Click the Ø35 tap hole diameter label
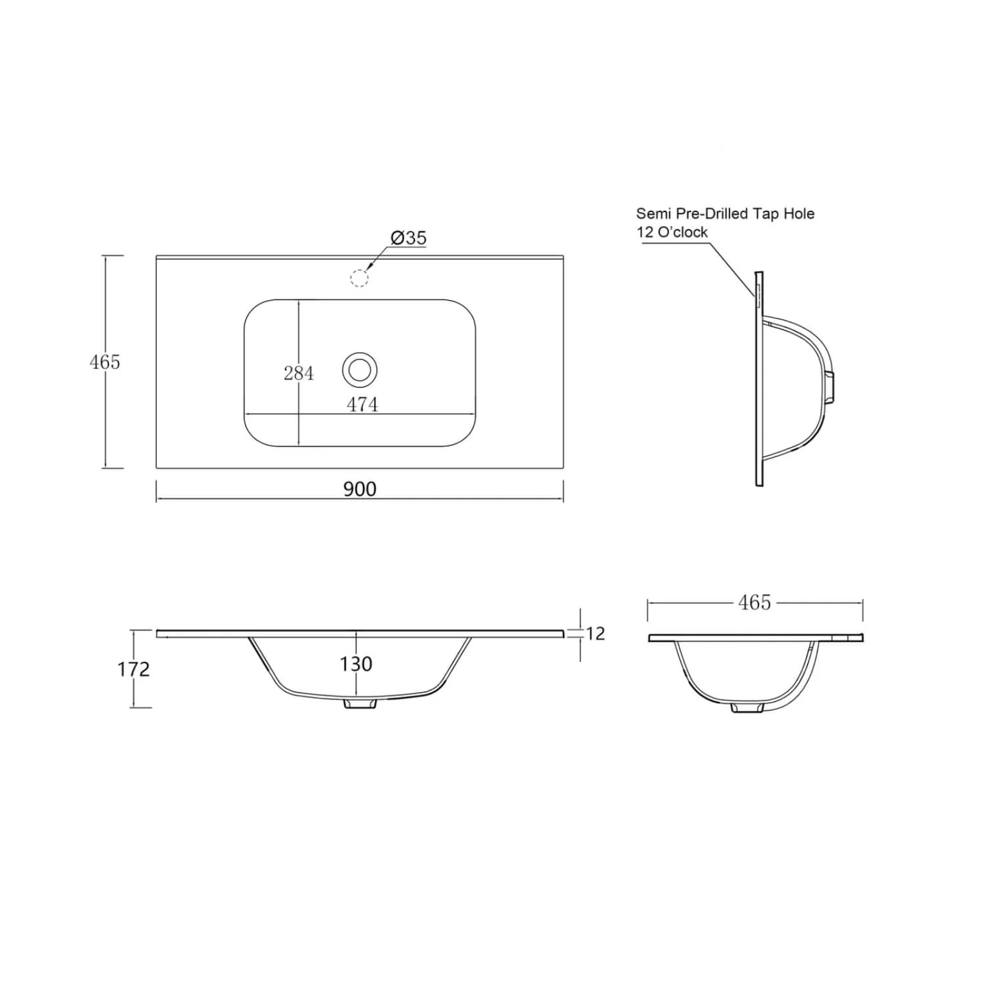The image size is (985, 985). [x=408, y=238]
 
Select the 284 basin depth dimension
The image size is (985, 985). [x=299, y=373]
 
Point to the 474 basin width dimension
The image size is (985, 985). [x=362, y=405]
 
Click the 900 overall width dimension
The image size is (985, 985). [x=360, y=489]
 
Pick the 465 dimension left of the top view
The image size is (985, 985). [x=105, y=362]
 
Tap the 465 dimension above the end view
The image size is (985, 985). [x=755, y=602]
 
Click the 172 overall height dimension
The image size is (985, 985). [x=133, y=669]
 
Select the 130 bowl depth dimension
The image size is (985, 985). [x=356, y=664]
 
